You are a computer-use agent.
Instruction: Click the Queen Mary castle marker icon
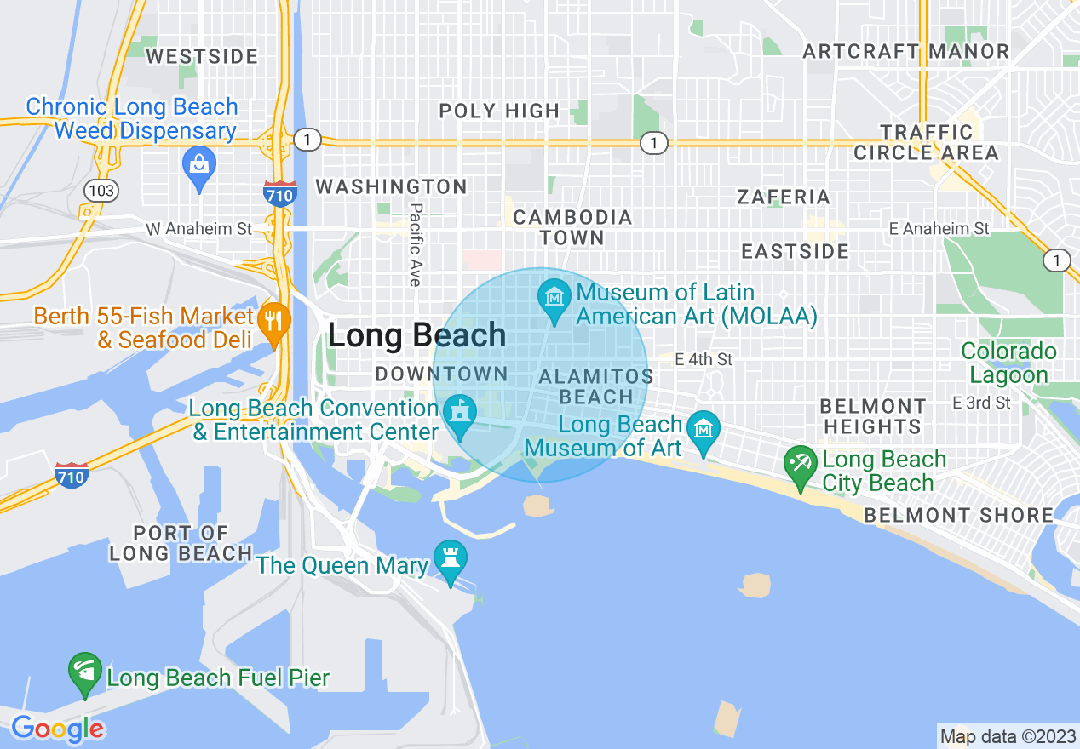tap(450, 558)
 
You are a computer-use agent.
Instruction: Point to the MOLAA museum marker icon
tap(554, 298)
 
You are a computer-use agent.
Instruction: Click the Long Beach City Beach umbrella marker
tap(801, 464)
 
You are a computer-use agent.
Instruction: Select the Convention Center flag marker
tap(461, 414)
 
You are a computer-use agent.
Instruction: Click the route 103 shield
tap(101, 190)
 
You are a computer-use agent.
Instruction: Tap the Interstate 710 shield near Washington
tap(279, 192)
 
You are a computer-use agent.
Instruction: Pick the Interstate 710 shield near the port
tap(71, 475)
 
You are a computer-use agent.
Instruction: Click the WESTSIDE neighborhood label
tap(202, 57)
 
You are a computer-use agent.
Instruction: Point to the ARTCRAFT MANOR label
tap(905, 51)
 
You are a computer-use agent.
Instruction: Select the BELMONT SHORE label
tap(958, 515)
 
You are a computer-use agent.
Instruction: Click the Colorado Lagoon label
tap(1008, 363)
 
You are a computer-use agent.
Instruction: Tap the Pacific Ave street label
tap(416, 243)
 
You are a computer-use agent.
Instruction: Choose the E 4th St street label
tap(704, 359)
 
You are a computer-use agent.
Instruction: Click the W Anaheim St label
tap(199, 229)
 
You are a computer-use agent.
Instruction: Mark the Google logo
tap(57, 729)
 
